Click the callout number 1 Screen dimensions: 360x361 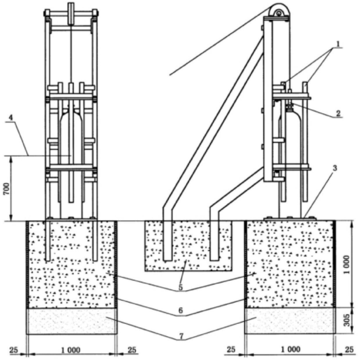coord(338,44)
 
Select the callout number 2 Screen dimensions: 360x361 coord(338,113)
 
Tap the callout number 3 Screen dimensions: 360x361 coord(335,168)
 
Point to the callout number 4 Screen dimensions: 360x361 coord(10,118)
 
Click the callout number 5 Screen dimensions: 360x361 coord(181,287)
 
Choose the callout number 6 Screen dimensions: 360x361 coord(181,311)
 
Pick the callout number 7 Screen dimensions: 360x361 coord(181,336)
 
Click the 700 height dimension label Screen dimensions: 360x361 coord(7,189)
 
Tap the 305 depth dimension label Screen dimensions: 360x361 coord(347,320)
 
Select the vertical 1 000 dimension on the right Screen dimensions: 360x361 coord(347,265)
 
